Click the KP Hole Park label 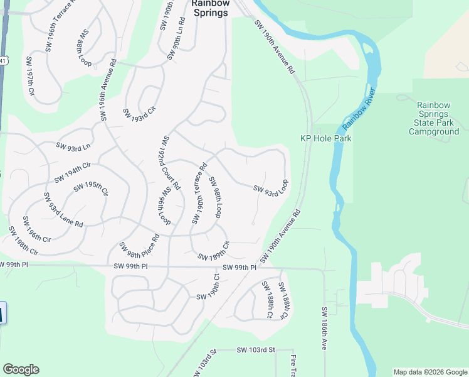pos(326,138)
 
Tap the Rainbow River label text pos(357,110)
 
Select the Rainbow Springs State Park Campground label pos(434,119)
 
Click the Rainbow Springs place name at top pos(210,8)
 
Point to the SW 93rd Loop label pos(271,188)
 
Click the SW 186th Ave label pos(325,329)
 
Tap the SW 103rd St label pos(256,349)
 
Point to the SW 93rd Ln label pos(73,147)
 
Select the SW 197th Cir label pos(29,79)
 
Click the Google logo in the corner pos(21,369)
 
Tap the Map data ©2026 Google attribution pos(430,372)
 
